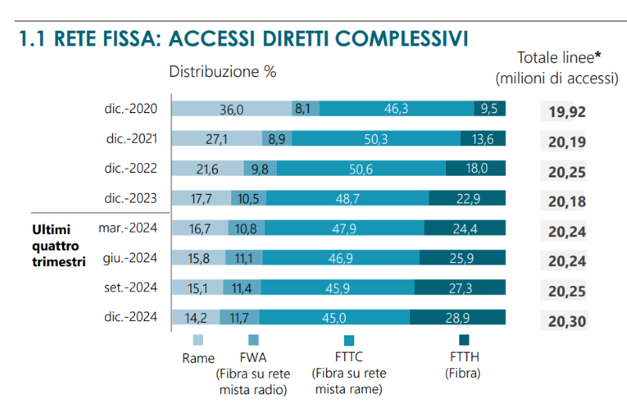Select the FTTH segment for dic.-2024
coord(458,316)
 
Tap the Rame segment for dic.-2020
coord(231,109)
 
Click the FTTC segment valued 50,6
coord(361,168)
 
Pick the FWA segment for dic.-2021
coord(276,139)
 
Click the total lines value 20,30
coord(567,320)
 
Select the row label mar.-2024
coord(128,228)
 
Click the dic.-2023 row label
coord(130,198)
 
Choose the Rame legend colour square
coord(198,340)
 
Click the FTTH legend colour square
coord(463,340)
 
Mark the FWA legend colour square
coord(252,340)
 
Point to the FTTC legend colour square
coord(349,340)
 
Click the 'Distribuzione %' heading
coord(223,71)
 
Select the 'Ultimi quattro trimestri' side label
coord(58,245)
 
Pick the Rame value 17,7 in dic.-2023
coord(201,198)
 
